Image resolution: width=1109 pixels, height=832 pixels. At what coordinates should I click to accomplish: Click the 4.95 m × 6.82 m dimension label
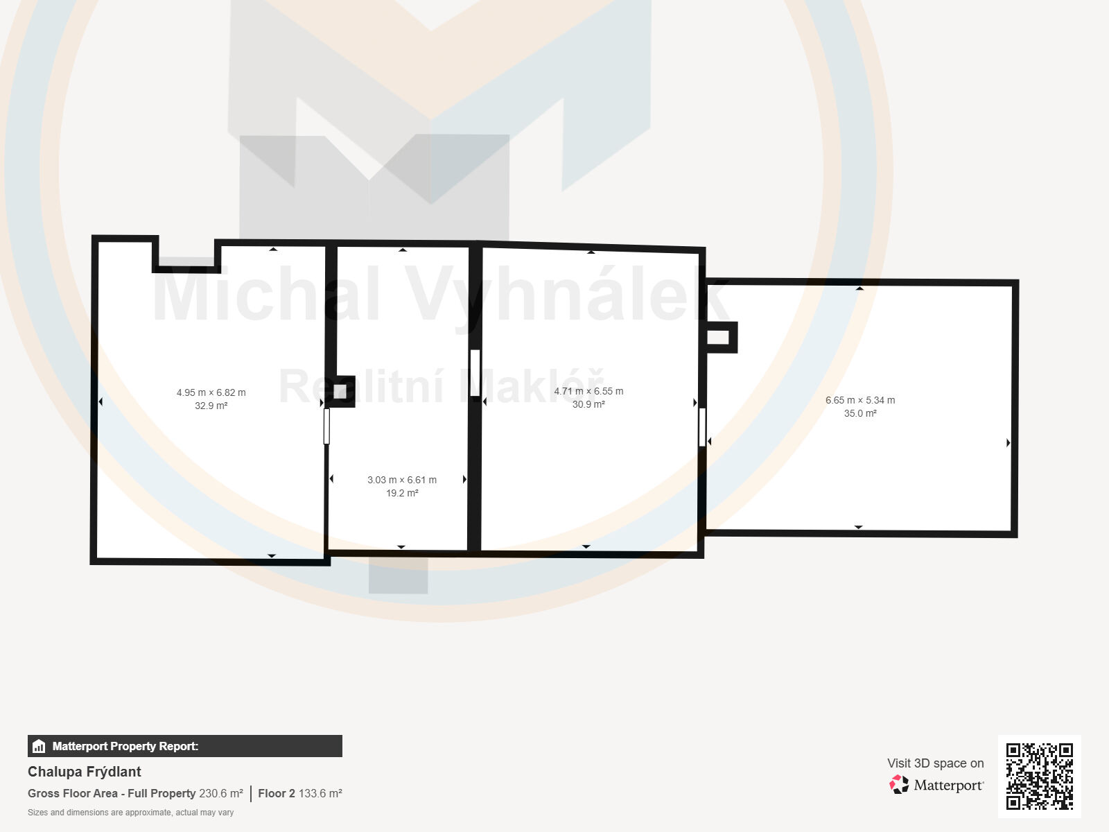(211, 392)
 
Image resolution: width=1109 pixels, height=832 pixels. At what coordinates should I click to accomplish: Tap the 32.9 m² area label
(211, 406)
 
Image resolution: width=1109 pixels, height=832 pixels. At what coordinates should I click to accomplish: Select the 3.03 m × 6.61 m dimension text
(401, 480)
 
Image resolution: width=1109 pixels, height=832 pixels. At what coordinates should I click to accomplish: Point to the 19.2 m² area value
(402, 493)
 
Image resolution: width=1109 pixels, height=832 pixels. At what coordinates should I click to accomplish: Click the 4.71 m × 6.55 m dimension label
(588, 391)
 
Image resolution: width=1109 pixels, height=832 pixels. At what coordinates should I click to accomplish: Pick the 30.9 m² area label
(588, 404)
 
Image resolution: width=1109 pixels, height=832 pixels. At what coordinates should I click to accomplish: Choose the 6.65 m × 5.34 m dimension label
(860, 400)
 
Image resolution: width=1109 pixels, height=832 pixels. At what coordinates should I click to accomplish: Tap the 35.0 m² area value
(860, 413)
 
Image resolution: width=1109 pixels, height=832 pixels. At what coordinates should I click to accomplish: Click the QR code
(1039, 776)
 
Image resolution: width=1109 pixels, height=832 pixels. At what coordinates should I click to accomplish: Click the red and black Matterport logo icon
(899, 785)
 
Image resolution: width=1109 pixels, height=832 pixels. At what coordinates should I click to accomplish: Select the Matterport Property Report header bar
(185, 746)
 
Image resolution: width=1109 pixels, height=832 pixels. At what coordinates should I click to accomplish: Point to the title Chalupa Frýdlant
(85, 772)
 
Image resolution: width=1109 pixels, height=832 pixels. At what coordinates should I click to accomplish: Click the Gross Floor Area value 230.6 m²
(221, 793)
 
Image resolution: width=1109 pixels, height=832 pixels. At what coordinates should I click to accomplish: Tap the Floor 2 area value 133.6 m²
(320, 793)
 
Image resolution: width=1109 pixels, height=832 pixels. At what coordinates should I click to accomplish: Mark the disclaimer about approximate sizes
(131, 813)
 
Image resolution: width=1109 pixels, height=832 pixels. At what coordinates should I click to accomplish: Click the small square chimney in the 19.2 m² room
(340, 391)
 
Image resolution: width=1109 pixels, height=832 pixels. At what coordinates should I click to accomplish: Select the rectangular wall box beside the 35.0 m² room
(719, 337)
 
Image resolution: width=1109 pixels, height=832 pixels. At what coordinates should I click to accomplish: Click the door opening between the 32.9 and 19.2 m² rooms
(327, 426)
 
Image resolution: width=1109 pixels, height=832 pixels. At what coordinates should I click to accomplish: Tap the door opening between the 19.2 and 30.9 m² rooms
(475, 373)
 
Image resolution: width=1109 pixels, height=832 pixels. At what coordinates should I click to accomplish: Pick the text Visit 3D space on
(935, 763)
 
